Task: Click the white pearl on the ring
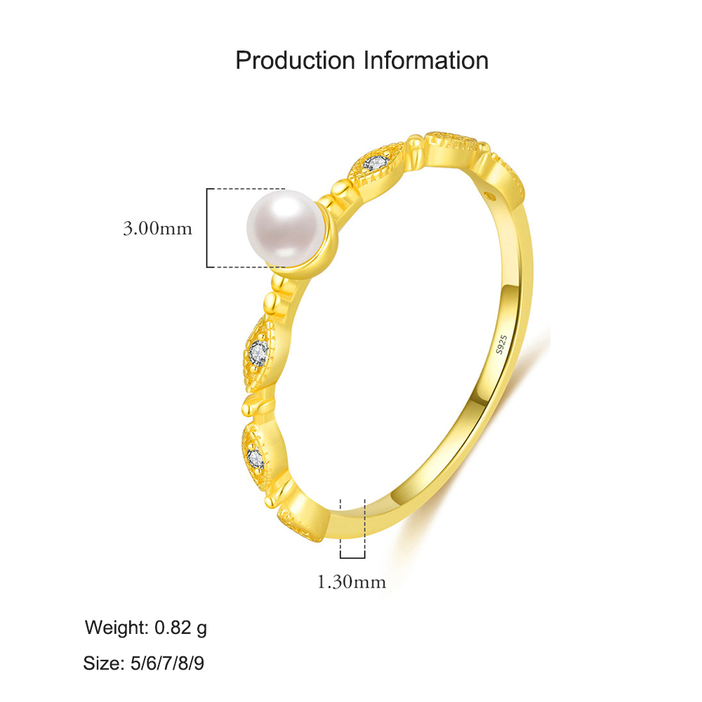point(285,228)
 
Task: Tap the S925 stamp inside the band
point(501,344)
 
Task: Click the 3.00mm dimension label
point(157,229)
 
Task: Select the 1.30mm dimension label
point(352,582)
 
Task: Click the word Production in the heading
point(295,60)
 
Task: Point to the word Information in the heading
point(425,60)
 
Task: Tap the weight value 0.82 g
point(181,628)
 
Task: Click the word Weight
point(117,628)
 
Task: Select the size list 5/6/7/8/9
point(167,663)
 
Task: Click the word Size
point(104,663)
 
